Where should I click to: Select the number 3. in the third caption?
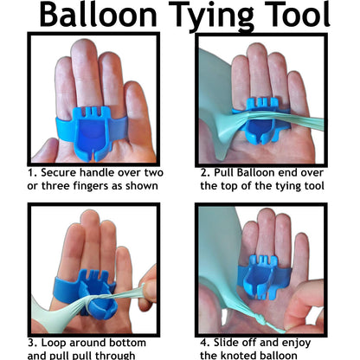[30, 341]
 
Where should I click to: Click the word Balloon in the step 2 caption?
[259, 171]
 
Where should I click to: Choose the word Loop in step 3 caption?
[53, 341]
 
